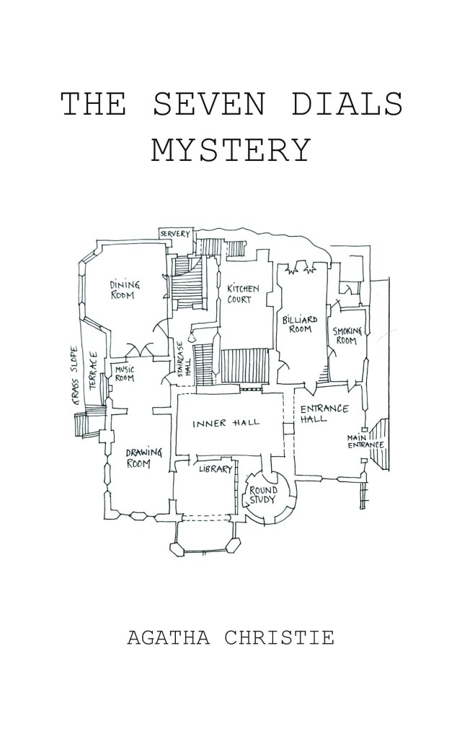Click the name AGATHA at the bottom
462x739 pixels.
point(170,638)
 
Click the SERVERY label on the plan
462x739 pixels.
point(175,234)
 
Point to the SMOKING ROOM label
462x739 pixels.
point(347,336)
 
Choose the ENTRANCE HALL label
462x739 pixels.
point(323,414)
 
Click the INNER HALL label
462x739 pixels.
point(226,424)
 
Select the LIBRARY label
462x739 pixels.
point(216,469)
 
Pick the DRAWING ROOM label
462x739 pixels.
point(138,458)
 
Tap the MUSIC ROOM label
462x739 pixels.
point(125,374)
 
